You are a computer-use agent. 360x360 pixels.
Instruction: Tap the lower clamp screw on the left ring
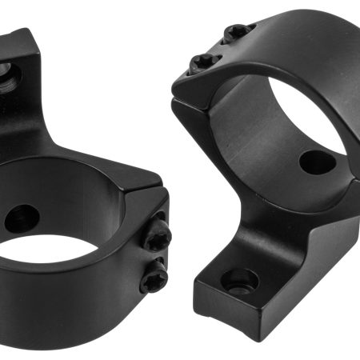[x=154, y=278]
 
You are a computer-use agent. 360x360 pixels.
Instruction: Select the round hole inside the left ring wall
[x=22, y=218]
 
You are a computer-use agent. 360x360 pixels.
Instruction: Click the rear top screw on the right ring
[x=238, y=31]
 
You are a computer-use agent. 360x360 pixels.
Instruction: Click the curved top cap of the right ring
[x=272, y=40]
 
